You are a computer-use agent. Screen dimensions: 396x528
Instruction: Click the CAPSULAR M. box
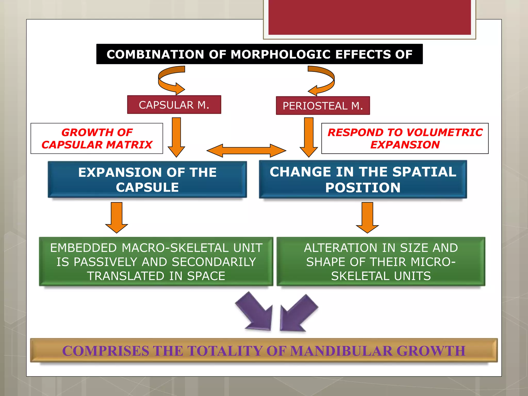[x=174, y=105]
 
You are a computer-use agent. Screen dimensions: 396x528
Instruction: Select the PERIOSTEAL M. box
[x=323, y=106]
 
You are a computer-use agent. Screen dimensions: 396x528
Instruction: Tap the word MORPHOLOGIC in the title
[x=280, y=54]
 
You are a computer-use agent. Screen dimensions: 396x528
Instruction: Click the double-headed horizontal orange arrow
[x=246, y=151]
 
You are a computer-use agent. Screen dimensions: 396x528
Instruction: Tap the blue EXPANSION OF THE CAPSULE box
[x=147, y=180]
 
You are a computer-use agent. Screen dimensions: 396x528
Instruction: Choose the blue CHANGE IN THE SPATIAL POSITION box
[x=363, y=179]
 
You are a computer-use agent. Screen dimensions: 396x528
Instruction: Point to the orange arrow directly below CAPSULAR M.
[x=176, y=137]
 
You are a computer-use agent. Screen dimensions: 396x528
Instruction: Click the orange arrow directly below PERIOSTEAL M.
[x=309, y=137]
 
